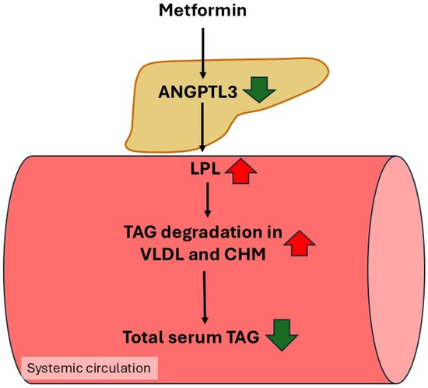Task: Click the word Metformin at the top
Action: pos(202,10)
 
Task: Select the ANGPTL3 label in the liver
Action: pos(198,92)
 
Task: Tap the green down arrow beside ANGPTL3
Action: pos(260,90)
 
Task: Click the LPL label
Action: pos(205,169)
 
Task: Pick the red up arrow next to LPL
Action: pos(240,171)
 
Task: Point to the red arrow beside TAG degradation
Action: pos(300,243)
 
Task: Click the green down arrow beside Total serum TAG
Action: pos(282,335)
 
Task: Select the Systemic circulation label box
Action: pos(89,368)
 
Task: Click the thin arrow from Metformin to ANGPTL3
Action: pos(202,53)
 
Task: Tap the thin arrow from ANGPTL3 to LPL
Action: pos(202,127)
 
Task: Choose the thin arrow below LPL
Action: pos(208,199)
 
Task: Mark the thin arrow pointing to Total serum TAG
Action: pos(205,298)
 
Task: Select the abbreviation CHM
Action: pos(245,255)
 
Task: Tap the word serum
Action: pos(195,337)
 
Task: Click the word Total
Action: pos(143,337)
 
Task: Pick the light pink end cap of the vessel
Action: pos(396,270)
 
